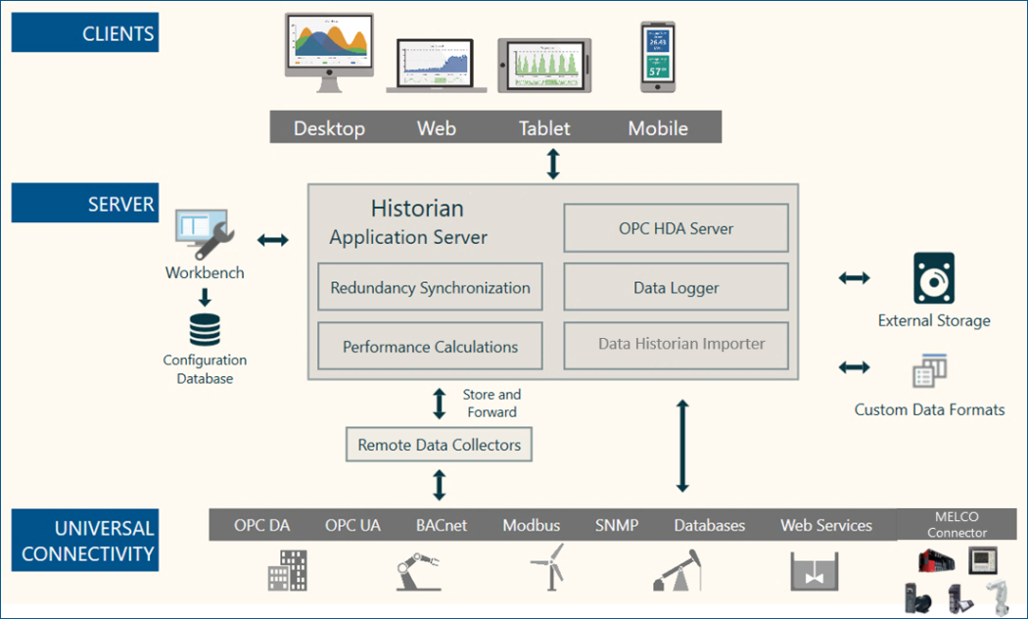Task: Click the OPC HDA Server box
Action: click(x=676, y=228)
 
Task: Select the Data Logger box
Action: click(x=676, y=288)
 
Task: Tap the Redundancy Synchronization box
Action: click(x=430, y=288)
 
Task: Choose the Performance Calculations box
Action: click(x=430, y=347)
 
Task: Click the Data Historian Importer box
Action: click(x=676, y=344)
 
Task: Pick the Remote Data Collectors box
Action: click(x=439, y=445)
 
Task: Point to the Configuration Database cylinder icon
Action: click(x=205, y=329)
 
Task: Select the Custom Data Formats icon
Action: click(x=929, y=371)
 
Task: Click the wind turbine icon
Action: click(x=545, y=567)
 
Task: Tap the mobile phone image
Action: click(x=657, y=57)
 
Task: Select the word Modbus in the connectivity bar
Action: click(x=532, y=526)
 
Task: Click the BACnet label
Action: click(x=441, y=526)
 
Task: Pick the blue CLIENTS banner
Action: click(x=84, y=34)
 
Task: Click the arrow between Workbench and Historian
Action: click(x=272, y=239)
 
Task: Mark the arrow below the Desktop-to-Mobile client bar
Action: click(x=553, y=163)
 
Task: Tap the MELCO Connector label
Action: click(x=957, y=525)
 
